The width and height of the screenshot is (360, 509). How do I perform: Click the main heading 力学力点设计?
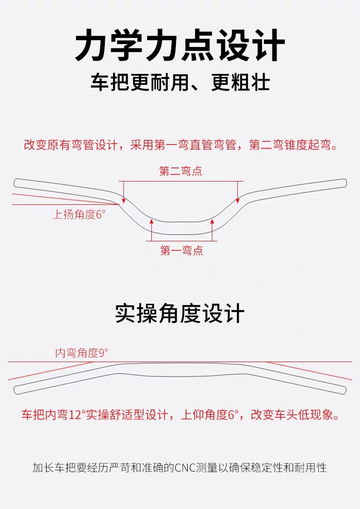coord(180,46)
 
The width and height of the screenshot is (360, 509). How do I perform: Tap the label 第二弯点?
coord(180,171)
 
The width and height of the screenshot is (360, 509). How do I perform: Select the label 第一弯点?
coord(181,250)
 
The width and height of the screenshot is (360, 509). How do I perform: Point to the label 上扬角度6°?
coord(79,214)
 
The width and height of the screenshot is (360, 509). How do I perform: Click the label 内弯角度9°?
coord(82,353)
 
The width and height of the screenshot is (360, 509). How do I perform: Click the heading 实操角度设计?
coord(180,314)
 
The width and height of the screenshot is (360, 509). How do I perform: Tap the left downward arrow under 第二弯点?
coord(123,192)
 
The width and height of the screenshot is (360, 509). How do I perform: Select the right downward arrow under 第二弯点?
coord(237,192)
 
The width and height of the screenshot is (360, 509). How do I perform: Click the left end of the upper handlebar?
coord(17,182)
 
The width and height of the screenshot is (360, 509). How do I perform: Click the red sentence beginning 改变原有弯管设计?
coord(180,146)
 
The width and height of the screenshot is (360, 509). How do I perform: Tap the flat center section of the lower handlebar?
coord(180,370)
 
